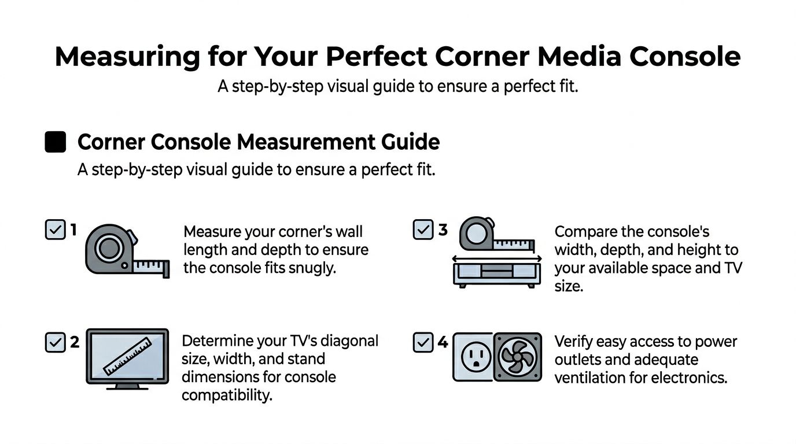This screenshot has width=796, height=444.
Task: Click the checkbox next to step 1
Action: tap(55, 230)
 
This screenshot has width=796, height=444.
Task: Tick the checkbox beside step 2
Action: tap(55, 342)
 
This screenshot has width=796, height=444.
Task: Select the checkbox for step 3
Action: tap(423, 230)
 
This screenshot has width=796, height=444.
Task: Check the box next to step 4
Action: tap(423, 342)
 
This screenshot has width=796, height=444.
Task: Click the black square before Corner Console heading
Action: tap(56, 142)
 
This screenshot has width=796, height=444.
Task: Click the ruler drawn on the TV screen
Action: tap(127, 357)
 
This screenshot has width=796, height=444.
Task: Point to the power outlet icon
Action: tap(472, 357)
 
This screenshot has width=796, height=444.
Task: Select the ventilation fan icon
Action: tap(517, 357)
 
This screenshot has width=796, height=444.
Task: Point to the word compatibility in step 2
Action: tap(227, 396)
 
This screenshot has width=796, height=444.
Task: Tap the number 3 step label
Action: tap(443, 230)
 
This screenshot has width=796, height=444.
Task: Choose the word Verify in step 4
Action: tap(572, 341)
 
